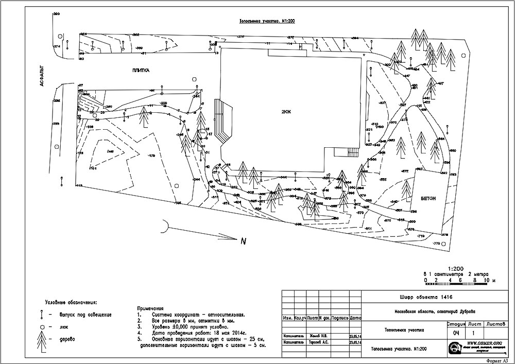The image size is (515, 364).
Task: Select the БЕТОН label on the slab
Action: pyautogui.click(x=428, y=198)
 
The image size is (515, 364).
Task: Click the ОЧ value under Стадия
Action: pyautogui.click(x=456, y=333)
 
